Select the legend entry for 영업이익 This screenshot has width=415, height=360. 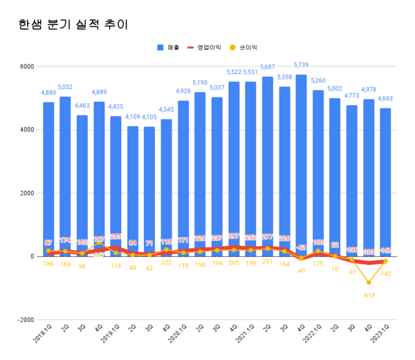[208, 47]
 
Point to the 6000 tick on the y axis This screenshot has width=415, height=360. [26, 66]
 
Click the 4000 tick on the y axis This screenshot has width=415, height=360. [26, 130]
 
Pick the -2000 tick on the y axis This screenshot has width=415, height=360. [25, 320]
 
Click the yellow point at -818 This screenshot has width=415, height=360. [369, 282]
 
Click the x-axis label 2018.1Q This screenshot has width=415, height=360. [42, 339]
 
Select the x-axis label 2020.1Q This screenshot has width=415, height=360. [178, 339]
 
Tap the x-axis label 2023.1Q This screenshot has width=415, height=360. [380, 339]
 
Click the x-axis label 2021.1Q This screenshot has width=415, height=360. [245, 339]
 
